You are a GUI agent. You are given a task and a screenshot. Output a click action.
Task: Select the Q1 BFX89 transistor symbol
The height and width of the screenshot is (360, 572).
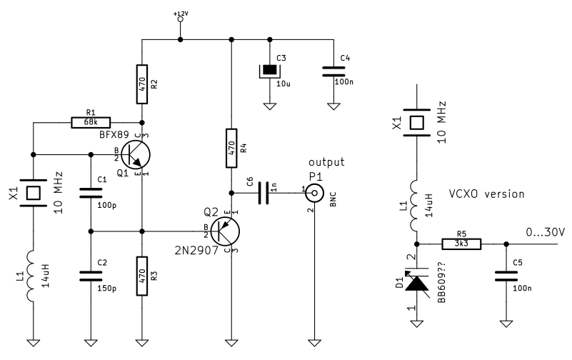pos(136,154)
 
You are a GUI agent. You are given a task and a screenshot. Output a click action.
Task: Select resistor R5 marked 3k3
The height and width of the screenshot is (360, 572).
pos(461,244)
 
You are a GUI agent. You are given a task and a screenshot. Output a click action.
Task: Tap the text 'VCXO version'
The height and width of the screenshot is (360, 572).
pos(487,194)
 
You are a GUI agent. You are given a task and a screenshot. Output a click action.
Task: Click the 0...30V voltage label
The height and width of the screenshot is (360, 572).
pos(545,232)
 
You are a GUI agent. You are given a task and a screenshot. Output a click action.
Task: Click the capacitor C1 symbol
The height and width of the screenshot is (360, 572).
pos(91,192)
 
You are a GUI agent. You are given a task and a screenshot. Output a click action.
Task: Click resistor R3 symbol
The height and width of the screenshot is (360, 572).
pos(142,275)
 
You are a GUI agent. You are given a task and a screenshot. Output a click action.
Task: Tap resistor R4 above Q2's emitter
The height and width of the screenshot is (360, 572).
pos(231,148)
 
